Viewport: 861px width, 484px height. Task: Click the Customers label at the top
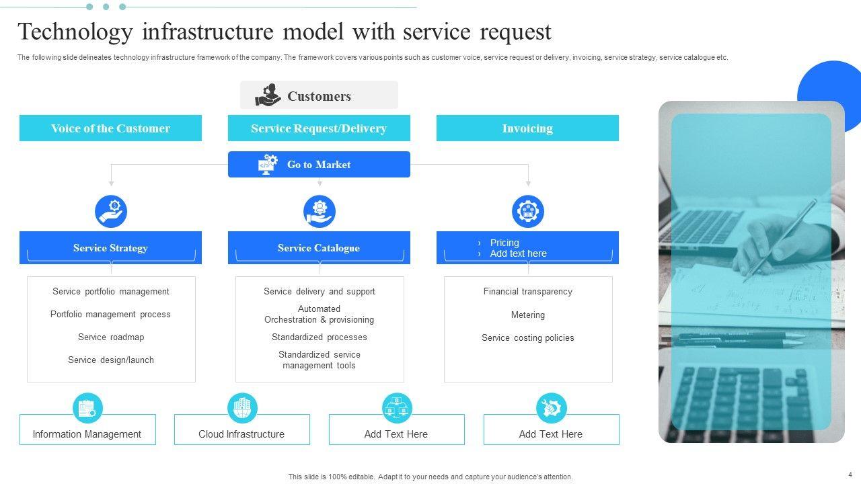tap(319, 96)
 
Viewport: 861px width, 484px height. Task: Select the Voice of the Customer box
tap(110, 128)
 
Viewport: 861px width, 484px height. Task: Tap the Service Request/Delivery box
tap(319, 128)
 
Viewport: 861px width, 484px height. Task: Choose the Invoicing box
tap(527, 128)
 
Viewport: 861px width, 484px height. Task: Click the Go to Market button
tap(319, 165)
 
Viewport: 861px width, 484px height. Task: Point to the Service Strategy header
tap(110, 248)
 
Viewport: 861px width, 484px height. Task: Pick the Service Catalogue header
tap(319, 248)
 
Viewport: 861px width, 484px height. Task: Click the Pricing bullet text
tap(504, 243)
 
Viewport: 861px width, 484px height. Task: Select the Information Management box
tap(87, 434)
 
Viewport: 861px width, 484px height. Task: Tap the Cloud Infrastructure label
tap(241, 434)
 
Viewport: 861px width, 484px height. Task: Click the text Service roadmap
tap(111, 337)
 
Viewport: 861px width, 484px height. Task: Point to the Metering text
tap(528, 315)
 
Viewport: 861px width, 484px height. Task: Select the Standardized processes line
tap(320, 337)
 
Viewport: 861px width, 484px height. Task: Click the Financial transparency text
tap(528, 292)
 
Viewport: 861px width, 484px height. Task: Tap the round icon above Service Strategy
tap(111, 212)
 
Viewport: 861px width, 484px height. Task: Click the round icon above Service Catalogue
tap(320, 212)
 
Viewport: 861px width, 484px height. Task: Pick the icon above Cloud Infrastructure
tap(242, 408)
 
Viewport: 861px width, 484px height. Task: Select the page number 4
tap(850, 475)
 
